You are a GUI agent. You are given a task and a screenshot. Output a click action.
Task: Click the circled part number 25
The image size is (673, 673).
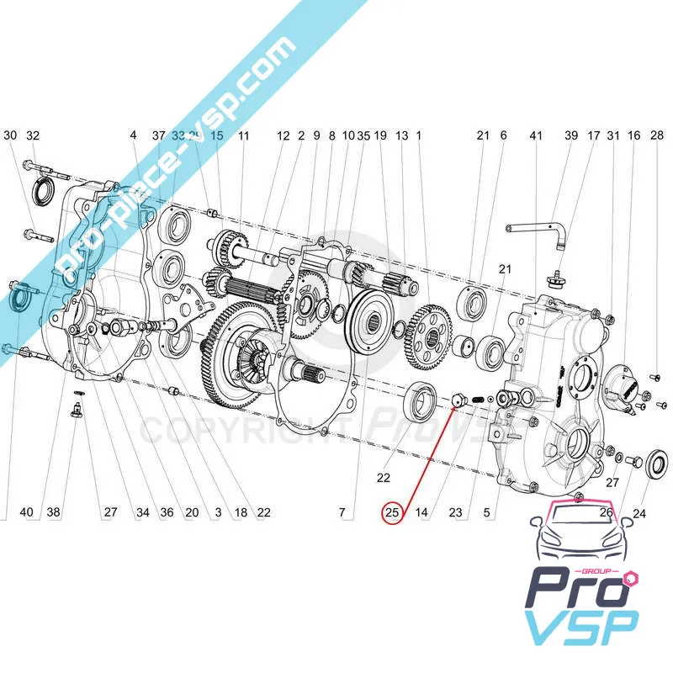[x=391, y=511]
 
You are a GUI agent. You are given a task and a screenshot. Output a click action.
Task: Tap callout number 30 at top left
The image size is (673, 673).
[x=10, y=135]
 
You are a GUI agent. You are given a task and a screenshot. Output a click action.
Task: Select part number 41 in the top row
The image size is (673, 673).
[x=537, y=135]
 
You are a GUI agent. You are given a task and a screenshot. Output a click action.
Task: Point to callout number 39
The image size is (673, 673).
[x=571, y=135]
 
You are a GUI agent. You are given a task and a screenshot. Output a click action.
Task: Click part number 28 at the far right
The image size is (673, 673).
[x=656, y=135]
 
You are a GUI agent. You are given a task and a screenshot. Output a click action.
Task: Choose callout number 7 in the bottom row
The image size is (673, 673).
[x=342, y=511]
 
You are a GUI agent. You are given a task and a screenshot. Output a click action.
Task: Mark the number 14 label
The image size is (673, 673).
[x=422, y=511]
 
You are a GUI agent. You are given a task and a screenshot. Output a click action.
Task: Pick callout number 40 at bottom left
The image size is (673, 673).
[x=26, y=511]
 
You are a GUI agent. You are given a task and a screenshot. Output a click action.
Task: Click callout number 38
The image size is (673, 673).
[x=54, y=511]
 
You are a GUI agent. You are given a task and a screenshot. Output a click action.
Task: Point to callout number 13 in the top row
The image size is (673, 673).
[x=400, y=135]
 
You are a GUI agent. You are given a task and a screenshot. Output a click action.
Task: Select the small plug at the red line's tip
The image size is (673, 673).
[x=458, y=400]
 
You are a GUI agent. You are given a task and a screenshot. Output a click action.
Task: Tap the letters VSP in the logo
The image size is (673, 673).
[x=580, y=629]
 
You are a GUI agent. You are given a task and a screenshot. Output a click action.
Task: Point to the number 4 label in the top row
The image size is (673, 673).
[x=133, y=135]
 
